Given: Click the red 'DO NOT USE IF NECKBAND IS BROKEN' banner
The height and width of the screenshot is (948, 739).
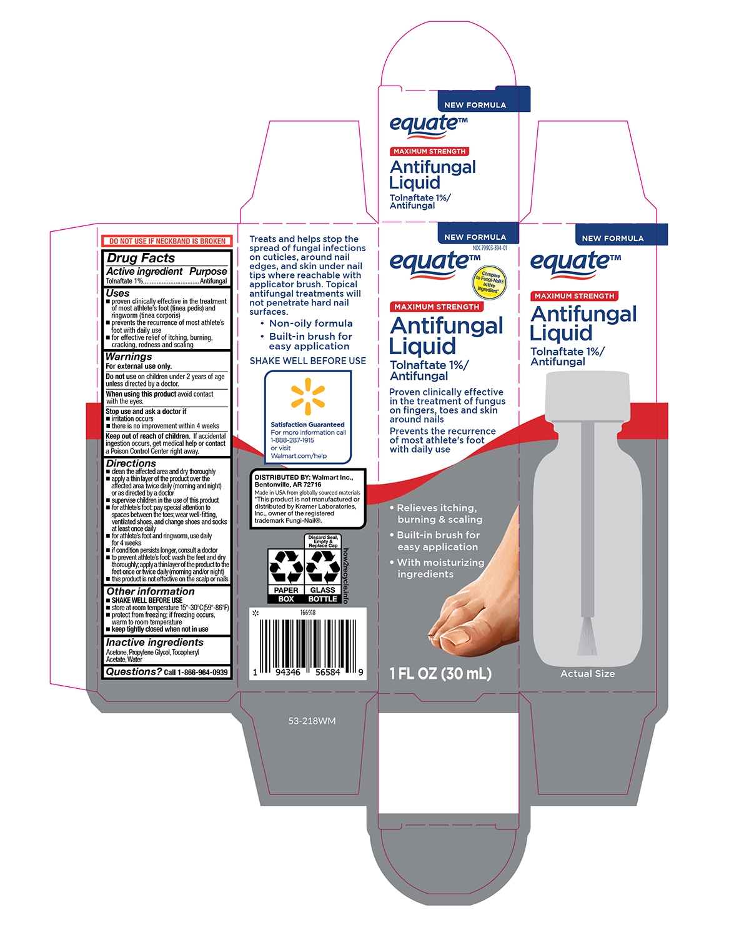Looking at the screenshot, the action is [x=167, y=241].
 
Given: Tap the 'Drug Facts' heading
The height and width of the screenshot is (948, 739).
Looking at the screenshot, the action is [x=141, y=258].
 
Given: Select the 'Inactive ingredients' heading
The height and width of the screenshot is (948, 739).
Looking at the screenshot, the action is [x=154, y=642].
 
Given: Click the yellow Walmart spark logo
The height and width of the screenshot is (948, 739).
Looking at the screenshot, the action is [x=307, y=396].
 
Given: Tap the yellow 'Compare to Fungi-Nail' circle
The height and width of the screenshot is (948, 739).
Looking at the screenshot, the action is [x=490, y=282].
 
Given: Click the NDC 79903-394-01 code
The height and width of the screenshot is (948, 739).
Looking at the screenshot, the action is [x=490, y=248].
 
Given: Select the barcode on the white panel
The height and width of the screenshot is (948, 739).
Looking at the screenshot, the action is [x=308, y=644].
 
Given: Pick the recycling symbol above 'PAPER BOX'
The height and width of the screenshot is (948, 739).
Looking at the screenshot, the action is [x=285, y=566].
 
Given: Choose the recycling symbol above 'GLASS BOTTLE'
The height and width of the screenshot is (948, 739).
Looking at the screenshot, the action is [x=323, y=566].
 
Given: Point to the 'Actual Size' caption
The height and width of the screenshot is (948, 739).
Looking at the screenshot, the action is [x=588, y=674].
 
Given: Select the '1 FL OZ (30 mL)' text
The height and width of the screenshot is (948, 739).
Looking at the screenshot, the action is [x=440, y=673].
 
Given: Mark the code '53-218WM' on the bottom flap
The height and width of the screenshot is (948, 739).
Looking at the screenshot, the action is [x=312, y=721].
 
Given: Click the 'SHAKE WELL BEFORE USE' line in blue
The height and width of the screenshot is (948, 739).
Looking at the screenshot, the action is [x=307, y=361].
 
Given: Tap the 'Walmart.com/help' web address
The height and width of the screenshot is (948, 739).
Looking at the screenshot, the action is [x=299, y=456].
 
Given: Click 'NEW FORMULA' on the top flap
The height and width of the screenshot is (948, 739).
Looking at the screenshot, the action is [x=475, y=105].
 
